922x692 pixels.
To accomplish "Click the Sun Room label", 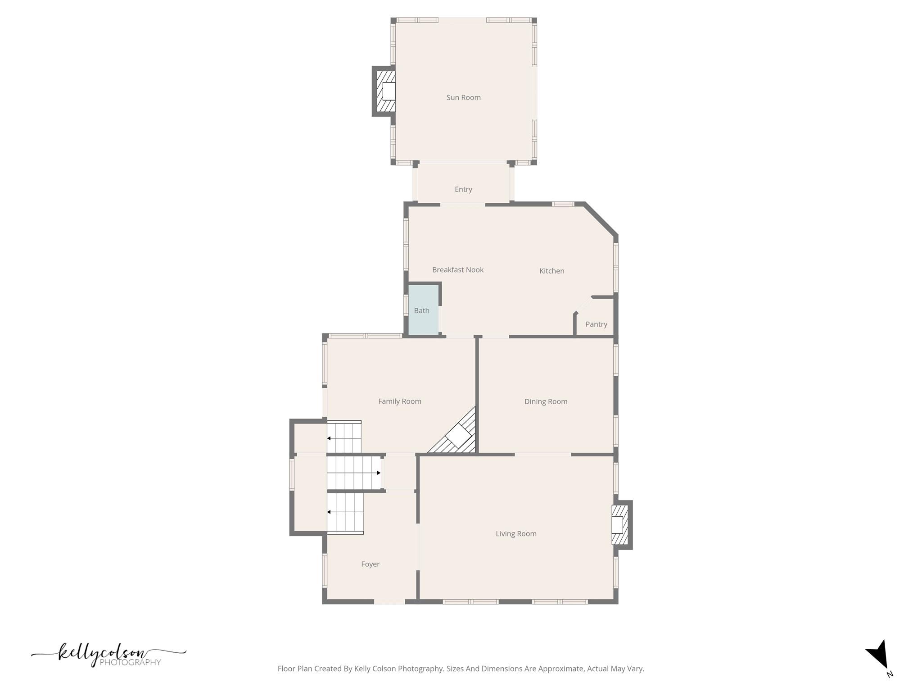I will pos(463,97).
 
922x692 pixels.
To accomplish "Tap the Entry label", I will pos(463,189).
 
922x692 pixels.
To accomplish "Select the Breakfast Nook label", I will pos(457,270).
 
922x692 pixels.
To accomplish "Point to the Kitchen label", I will pos(551,271).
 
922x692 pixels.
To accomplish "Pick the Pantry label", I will pos(596,324).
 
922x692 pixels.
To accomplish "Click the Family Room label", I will pos(399,401).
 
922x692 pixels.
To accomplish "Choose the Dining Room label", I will pos(546,401).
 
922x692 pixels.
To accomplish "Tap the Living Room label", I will pos(516,534).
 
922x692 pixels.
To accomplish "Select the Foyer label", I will pos(370,564).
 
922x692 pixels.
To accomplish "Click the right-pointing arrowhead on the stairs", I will pos(379,473).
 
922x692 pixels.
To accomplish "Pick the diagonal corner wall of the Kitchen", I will pos(601,219).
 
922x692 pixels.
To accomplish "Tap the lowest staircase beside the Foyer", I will pos(345,513).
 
